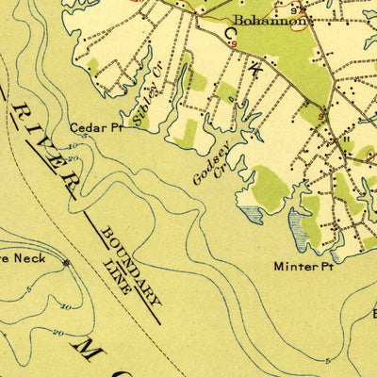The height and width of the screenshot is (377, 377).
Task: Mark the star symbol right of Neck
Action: coord(66,263)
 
